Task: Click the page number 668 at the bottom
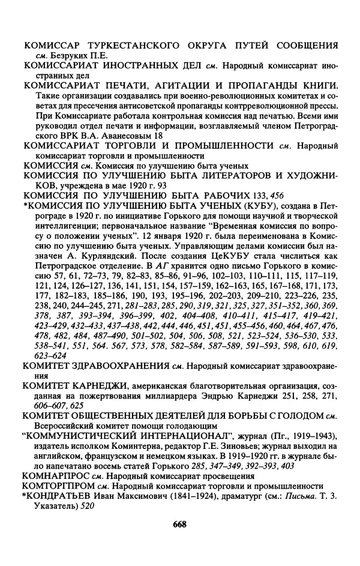pyautogui.click(x=180, y=525)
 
